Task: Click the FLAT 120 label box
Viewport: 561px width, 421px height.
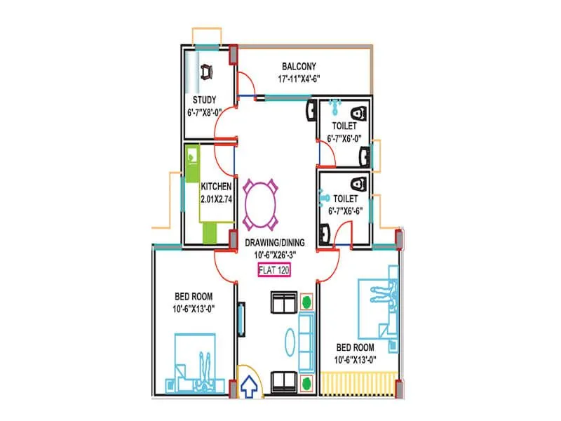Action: [275, 269]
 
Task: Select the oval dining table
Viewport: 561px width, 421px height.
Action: [261, 205]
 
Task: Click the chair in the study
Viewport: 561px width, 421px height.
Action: [208, 72]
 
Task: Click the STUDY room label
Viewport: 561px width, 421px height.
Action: [205, 100]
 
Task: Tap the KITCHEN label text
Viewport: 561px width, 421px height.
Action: [216, 187]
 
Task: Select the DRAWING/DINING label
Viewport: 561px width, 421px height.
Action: [275, 243]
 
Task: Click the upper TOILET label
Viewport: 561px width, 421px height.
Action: [344, 126]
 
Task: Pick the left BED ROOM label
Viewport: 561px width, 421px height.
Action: [193, 297]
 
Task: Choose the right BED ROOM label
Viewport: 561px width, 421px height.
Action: [355, 347]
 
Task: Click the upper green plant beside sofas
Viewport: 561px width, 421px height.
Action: [306, 303]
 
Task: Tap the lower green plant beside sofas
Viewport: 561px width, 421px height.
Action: [306, 382]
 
